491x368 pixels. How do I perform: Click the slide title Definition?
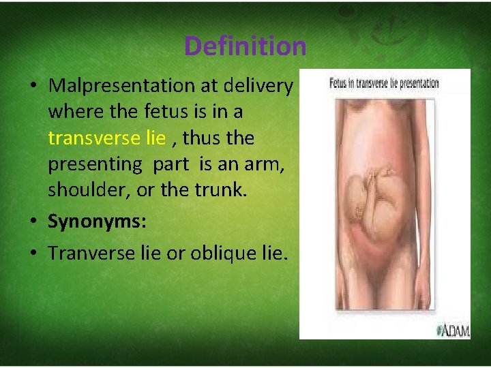click(245, 46)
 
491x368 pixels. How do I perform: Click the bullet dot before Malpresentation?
click(33, 87)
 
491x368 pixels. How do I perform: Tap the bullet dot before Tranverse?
click(33, 254)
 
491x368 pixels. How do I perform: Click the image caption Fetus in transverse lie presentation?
click(384, 84)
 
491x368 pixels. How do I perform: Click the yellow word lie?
click(155, 138)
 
